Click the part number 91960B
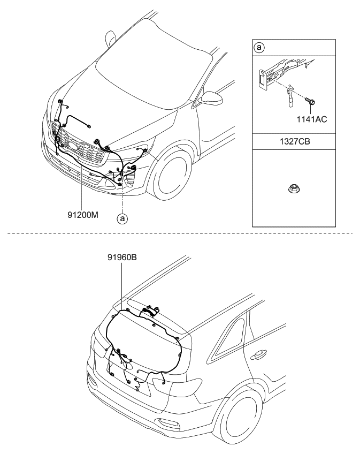[122, 256]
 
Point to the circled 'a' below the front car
[122, 218]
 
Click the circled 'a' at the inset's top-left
[258, 48]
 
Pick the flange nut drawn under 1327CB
[294, 188]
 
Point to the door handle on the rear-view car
[261, 354]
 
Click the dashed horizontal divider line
[180, 234]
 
